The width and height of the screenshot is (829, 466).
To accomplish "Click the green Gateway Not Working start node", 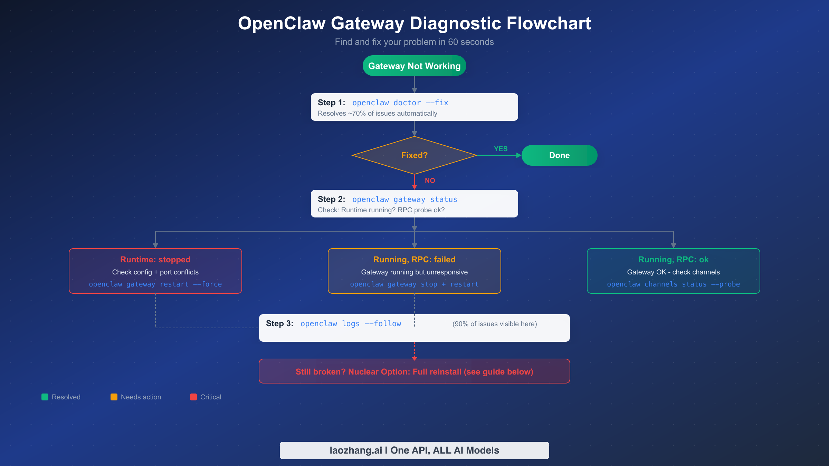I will tap(414, 66).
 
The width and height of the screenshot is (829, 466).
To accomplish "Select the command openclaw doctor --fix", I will tap(400, 103).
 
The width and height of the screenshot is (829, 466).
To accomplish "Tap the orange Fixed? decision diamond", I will tap(414, 155).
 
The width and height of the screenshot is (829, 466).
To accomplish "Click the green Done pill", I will tap(559, 155).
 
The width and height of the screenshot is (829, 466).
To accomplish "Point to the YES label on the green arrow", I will tap(501, 149).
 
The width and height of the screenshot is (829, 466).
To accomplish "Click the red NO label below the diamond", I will tap(430, 181).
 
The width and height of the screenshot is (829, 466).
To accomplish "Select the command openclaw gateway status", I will tap(404, 200).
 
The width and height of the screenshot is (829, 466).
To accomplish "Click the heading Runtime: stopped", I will tap(155, 260).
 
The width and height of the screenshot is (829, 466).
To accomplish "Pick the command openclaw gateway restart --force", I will tap(155, 284).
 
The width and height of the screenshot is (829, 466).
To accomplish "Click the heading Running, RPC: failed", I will tap(414, 260).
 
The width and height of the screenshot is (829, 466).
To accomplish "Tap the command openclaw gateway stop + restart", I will tap(414, 284).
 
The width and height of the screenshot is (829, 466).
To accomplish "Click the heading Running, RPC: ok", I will tap(673, 260).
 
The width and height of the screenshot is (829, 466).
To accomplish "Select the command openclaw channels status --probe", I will tap(673, 284).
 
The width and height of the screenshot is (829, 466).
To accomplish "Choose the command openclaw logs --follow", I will tap(351, 324).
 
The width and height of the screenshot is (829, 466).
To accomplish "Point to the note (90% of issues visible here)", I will tap(494, 324).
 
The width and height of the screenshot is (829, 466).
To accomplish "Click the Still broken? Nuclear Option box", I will tap(414, 371).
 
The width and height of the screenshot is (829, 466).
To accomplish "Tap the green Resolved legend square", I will tap(45, 397).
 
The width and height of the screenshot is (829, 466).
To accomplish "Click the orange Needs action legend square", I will tap(114, 397).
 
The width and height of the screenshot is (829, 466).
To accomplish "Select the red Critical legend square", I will tap(193, 397).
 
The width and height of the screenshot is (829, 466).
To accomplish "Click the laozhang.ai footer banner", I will tap(414, 450).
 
